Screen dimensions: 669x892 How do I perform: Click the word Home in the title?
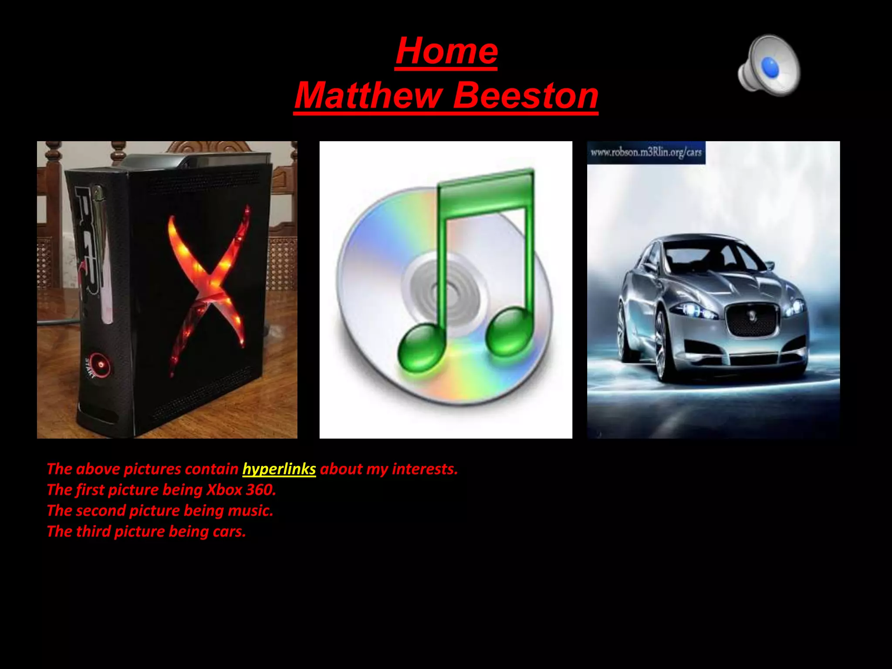click(446, 51)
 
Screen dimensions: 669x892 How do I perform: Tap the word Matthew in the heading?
click(368, 95)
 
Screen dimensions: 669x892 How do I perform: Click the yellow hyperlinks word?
click(279, 469)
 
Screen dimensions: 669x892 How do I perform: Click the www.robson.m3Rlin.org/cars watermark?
click(646, 152)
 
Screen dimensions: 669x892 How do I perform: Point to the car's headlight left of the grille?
click(693, 310)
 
